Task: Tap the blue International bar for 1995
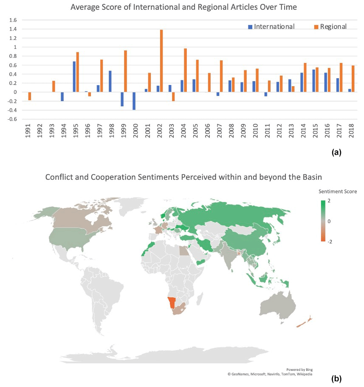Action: click(74, 77)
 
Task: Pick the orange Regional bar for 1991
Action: click(30, 96)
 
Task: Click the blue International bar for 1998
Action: click(110, 82)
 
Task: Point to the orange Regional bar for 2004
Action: click(185, 70)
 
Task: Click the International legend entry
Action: click(271, 27)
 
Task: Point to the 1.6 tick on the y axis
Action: click(12, 20)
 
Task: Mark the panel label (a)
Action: click(336, 152)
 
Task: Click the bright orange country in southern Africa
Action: click(171, 302)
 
